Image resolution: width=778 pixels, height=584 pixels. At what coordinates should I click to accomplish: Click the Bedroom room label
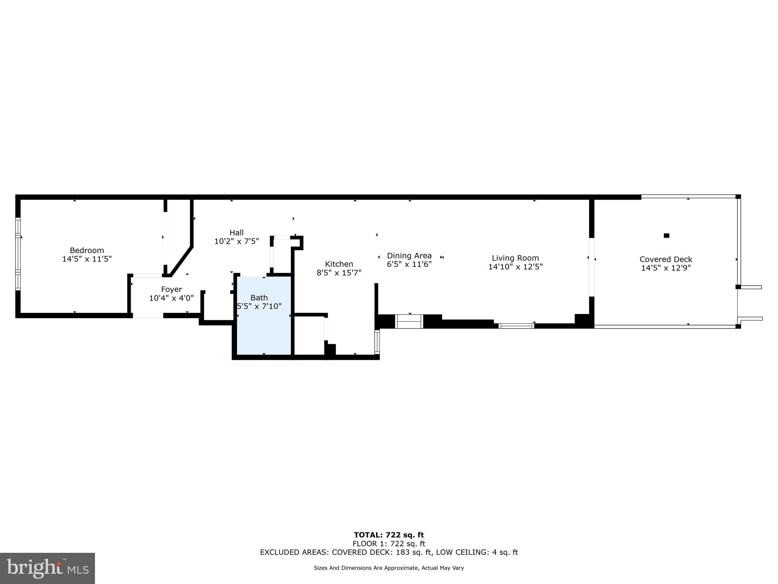[x=87, y=250]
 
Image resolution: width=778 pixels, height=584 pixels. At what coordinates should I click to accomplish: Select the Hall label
[x=236, y=232]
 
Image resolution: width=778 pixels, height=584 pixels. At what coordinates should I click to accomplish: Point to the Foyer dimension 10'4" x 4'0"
[x=171, y=298]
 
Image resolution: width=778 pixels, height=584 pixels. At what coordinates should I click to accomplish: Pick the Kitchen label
[x=339, y=264]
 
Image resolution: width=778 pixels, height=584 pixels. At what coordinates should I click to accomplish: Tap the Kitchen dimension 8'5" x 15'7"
[x=339, y=273]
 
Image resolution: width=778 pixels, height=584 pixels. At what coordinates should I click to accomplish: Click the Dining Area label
[x=409, y=255]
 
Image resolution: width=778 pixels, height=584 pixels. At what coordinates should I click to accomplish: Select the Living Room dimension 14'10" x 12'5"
[x=515, y=267]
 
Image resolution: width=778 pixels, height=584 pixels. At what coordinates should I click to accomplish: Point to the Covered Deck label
[x=666, y=259]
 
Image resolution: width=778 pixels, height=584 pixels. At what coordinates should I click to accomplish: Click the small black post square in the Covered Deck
[x=666, y=236]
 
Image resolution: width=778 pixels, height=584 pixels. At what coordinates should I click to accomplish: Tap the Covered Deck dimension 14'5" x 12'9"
[x=666, y=268]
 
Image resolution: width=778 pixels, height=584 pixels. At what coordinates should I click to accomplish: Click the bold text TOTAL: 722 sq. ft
[x=389, y=535]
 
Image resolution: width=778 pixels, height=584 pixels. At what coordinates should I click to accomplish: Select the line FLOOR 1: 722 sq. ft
[x=389, y=544]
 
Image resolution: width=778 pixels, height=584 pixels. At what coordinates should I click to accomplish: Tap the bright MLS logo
[x=47, y=568]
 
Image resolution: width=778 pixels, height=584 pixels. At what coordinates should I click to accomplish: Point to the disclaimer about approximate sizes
[x=389, y=568]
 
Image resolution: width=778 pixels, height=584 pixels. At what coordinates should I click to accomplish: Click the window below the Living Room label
[x=516, y=326]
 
